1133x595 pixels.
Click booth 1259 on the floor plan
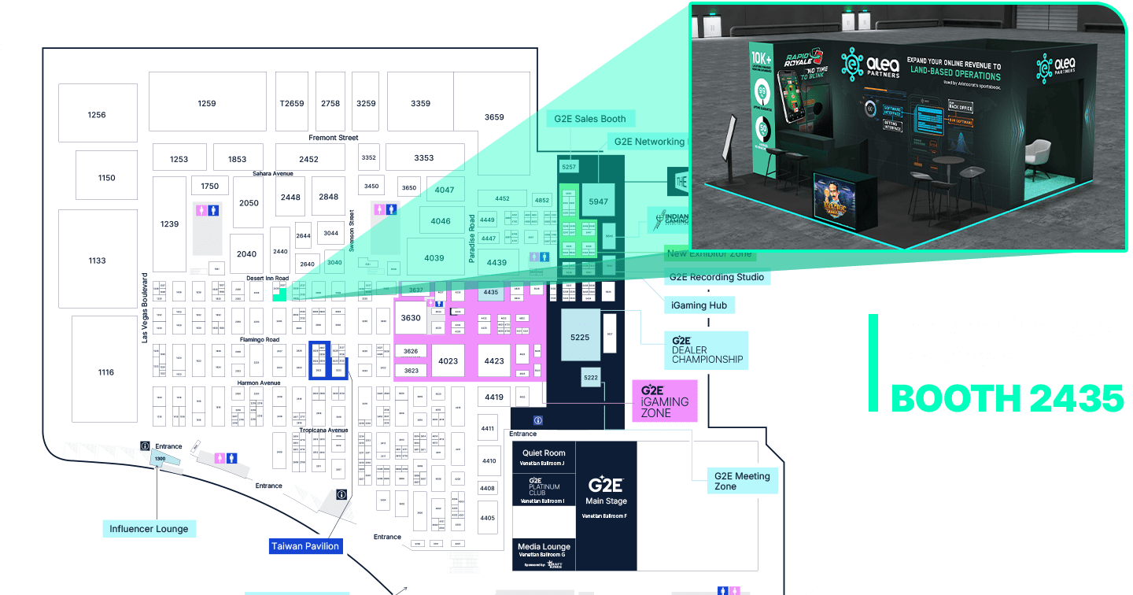pyautogui.click(x=207, y=103)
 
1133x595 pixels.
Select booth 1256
pyautogui.click(x=97, y=115)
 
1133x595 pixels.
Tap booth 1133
pyautogui.click(x=97, y=261)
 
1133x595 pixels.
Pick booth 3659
pyautogui.click(x=494, y=117)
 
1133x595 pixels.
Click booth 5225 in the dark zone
pyautogui.click(x=580, y=338)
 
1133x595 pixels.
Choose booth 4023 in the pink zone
pyautogui.click(x=448, y=361)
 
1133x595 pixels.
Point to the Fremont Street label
pyautogui.click(x=333, y=138)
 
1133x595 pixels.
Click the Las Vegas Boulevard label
pyautogui.click(x=145, y=308)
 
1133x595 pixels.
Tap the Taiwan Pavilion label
pyautogui.click(x=305, y=546)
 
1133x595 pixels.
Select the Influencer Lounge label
pyautogui.click(x=149, y=529)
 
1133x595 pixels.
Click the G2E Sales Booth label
pyautogui.click(x=590, y=119)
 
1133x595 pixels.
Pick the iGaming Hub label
pyautogui.click(x=699, y=305)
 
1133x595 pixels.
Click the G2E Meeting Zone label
pyautogui.click(x=742, y=481)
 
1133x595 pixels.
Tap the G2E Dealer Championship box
pyautogui.click(x=707, y=350)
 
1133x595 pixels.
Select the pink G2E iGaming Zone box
pyautogui.click(x=665, y=401)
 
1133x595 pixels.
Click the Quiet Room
pyautogui.click(x=544, y=456)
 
